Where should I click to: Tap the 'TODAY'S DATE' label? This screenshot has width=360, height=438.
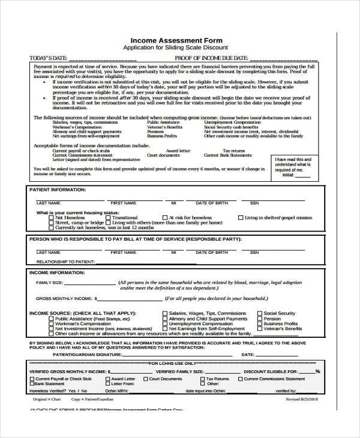[x=49, y=58]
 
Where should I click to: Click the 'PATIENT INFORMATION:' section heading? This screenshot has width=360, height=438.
[x=58, y=190]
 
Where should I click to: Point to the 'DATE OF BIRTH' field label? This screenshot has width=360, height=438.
[x=212, y=203]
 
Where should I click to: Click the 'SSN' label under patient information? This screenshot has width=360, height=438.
[x=254, y=203]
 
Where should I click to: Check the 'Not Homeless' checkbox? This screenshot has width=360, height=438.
[x=51, y=218]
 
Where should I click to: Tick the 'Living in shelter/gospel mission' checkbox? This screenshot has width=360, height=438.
[x=241, y=218]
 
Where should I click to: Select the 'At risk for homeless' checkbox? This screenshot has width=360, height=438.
[x=164, y=218]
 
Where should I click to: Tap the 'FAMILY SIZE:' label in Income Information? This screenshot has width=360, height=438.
[x=49, y=282]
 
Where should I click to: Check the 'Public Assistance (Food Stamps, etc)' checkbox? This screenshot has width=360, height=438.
[x=51, y=319]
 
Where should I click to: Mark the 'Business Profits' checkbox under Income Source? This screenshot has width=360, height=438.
[x=260, y=324]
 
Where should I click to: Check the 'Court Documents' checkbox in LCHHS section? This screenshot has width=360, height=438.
[x=145, y=380]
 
